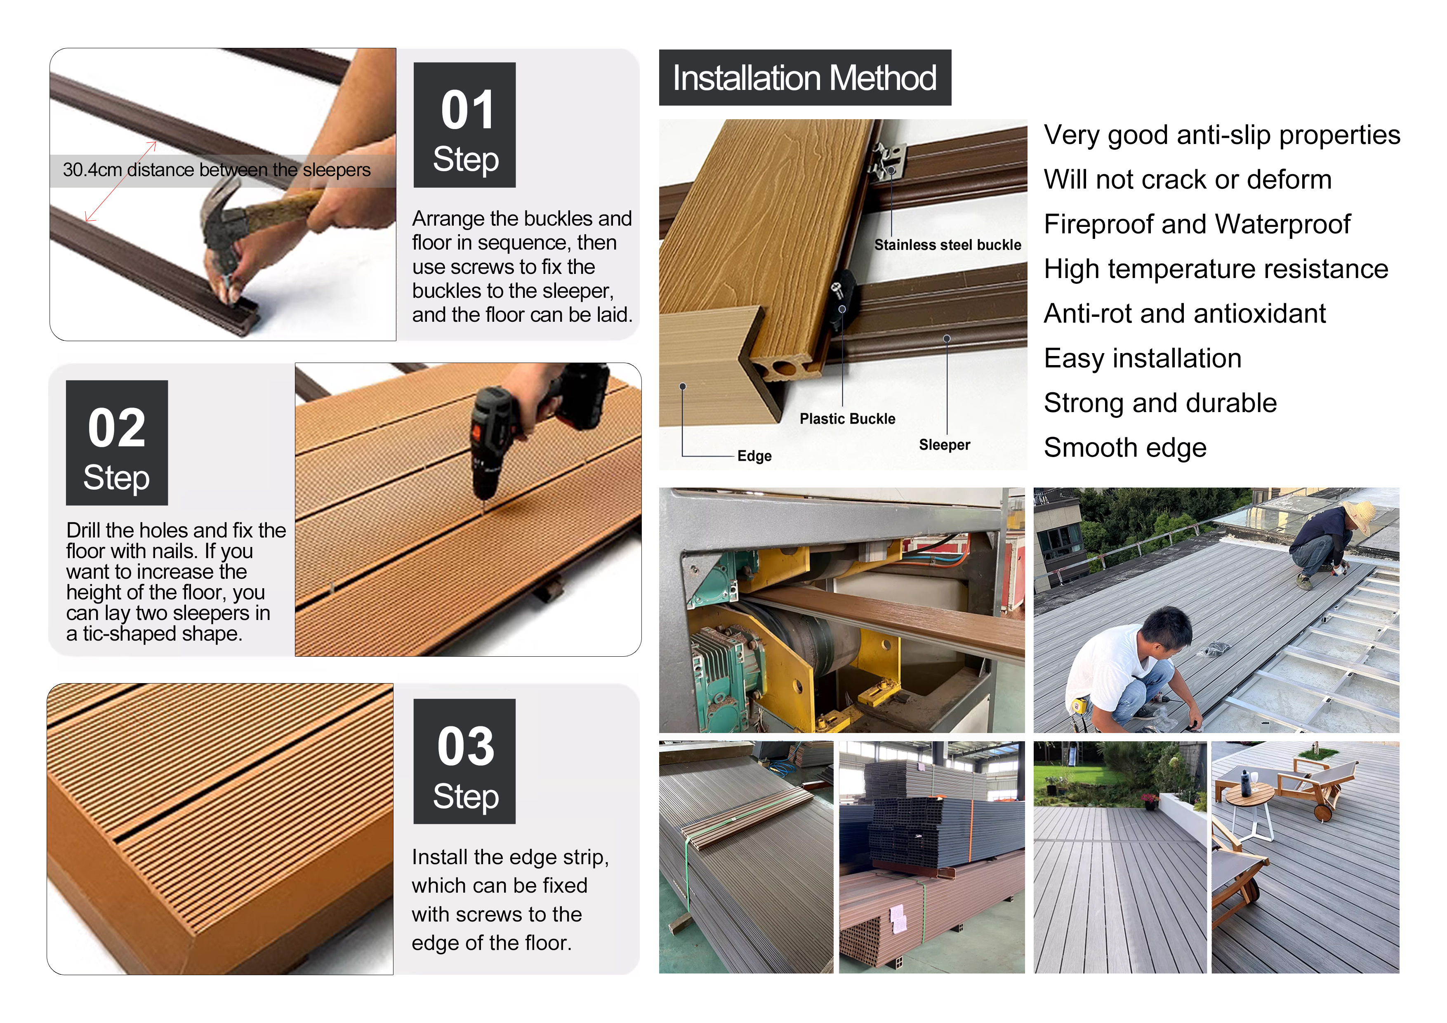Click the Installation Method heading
point(805,78)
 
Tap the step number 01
point(467,110)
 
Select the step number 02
point(117,428)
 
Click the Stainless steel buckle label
point(947,245)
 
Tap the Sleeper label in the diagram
point(944,445)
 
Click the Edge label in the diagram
point(754,456)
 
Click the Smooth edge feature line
point(1125,448)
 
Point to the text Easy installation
point(1143,358)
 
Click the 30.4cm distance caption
point(216,170)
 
